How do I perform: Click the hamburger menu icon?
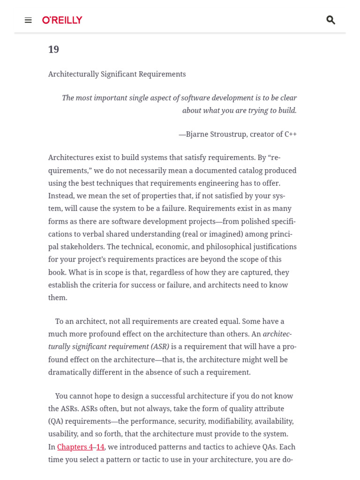pyautogui.click(x=28, y=20)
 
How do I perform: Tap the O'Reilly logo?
pyautogui.click(x=62, y=20)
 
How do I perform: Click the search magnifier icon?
pyautogui.click(x=330, y=20)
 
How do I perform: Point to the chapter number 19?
pyautogui.click(x=53, y=49)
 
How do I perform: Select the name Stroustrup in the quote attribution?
pyautogui.click(x=228, y=134)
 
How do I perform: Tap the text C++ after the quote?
pyautogui.click(x=291, y=134)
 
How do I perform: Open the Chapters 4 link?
pyautogui.click(x=75, y=447)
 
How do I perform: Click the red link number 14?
pyautogui.click(x=100, y=447)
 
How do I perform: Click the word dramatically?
pyautogui.click(x=70, y=372)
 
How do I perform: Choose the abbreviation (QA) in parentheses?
pyautogui.click(x=55, y=421)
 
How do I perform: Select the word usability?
pyautogui.click(x=63, y=434)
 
